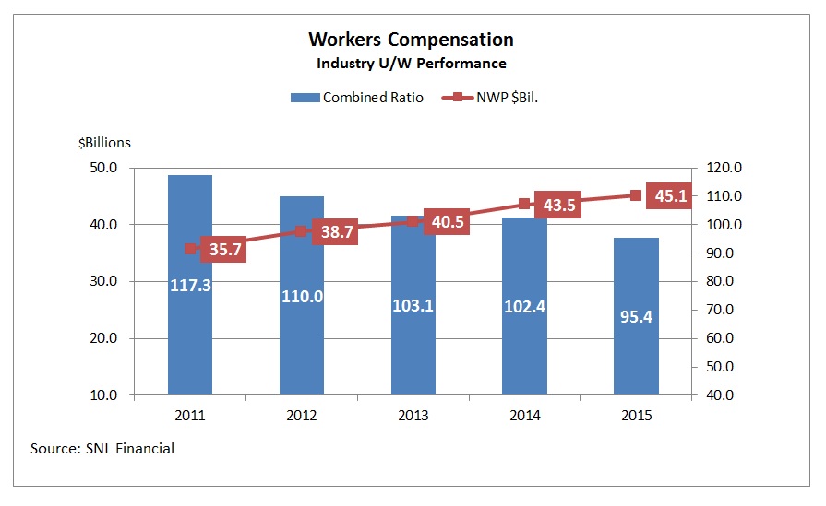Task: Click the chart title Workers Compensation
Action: [411, 40]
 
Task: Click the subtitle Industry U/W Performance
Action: [411, 64]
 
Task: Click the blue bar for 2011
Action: [190, 350]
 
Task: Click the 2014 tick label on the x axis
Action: [525, 416]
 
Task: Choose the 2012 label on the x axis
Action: [302, 416]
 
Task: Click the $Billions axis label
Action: [104, 142]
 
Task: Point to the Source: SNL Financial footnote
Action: [102, 449]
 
